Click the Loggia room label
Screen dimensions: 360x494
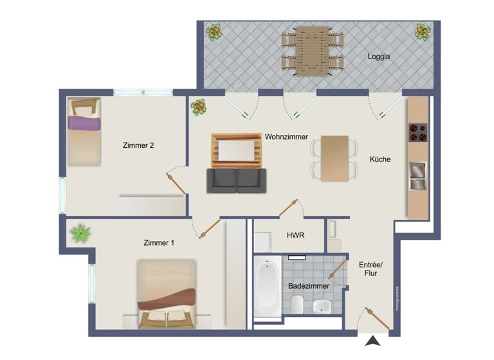point(380,57)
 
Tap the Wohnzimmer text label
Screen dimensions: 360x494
point(286,138)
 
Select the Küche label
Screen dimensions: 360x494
point(380,159)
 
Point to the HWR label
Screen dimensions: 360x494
point(295,236)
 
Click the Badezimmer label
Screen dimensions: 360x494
point(309,285)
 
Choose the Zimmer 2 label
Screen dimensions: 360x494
point(138,145)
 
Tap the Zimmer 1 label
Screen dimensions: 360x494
point(159,242)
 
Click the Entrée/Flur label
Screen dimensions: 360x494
point(370,269)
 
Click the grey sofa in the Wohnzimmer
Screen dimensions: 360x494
point(236,180)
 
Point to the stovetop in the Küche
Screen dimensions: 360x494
point(418,131)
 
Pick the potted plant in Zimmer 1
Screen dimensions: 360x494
point(80,233)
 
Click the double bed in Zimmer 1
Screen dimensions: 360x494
point(167,294)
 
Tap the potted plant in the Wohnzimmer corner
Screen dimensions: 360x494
point(198,107)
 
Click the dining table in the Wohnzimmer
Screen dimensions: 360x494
point(334,158)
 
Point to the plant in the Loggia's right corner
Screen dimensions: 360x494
point(423,31)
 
